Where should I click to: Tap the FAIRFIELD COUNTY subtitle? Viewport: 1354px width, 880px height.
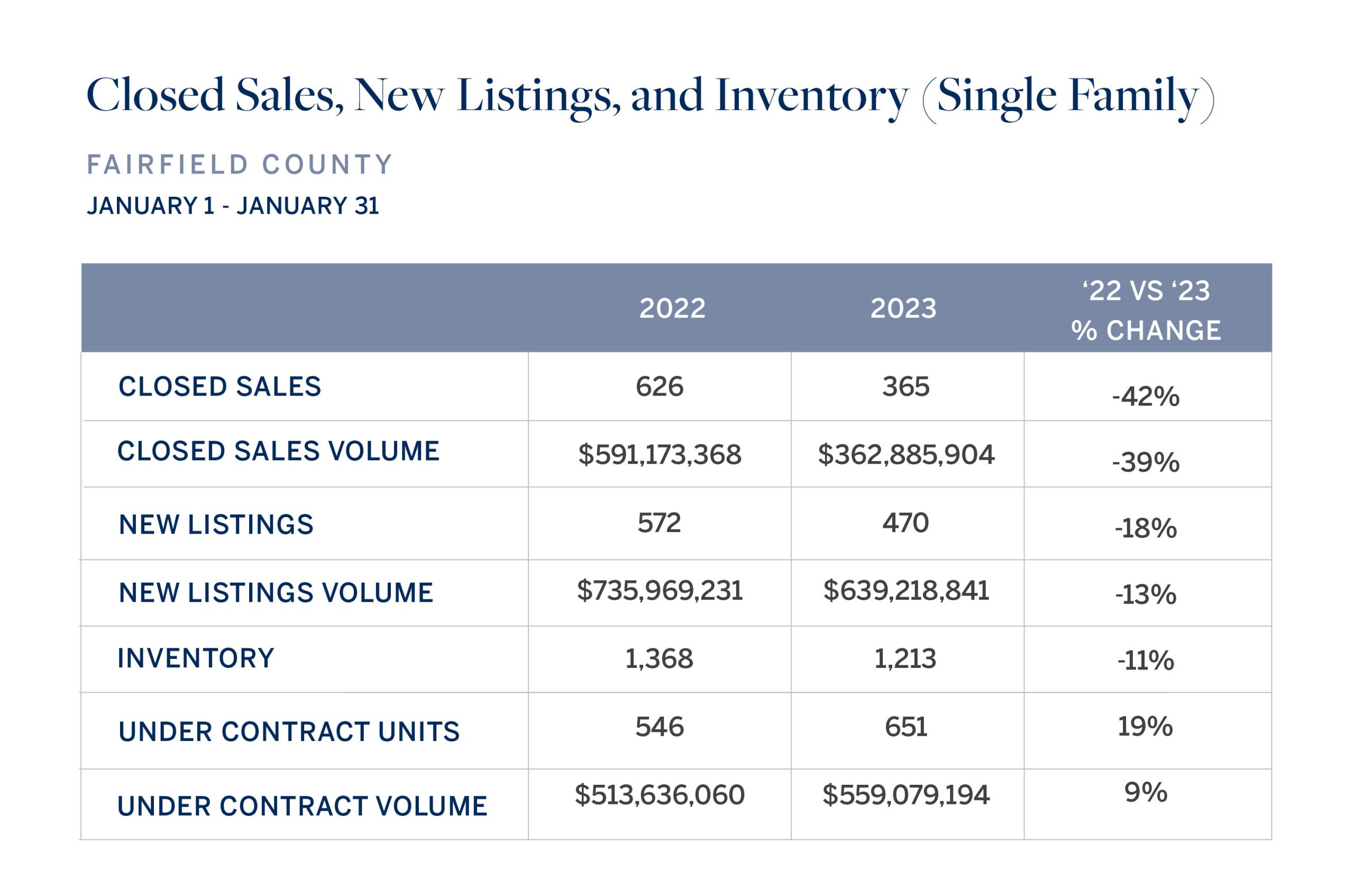[x=240, y=164]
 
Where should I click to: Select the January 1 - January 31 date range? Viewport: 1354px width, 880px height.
[x=233, y=205]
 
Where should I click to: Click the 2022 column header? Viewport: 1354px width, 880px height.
[x=672, y=308]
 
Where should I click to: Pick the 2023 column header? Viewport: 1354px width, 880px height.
[x=903, y=308]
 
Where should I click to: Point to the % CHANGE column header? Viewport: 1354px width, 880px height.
[x=1146, y=331]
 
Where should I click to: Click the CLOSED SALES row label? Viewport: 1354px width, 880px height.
[x=219, y=387]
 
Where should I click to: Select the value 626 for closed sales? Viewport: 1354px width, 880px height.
[x=660, y=387]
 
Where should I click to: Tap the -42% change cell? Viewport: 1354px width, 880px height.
[x=1146, y=397]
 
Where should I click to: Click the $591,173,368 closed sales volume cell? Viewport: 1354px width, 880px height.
[x=660, y=454]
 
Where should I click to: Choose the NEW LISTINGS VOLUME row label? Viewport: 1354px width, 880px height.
[x=276, y=593]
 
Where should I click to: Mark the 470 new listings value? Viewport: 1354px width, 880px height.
[x=905, y=523]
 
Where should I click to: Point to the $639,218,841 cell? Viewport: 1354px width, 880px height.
[x=905, y=591]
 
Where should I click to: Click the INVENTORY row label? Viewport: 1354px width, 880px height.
[x=196, y=658]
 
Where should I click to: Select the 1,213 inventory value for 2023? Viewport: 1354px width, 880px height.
[x=905, y=659]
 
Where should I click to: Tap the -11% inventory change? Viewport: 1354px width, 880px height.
[x=1146, y=661]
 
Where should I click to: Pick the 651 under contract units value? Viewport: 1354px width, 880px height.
[x=905, y=727]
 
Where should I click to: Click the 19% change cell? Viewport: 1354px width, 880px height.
[x=1145, y=727]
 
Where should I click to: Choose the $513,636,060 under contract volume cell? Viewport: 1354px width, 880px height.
[x=660, y=795]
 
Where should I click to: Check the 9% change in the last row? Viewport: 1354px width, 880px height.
[x=1146, y=792]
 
